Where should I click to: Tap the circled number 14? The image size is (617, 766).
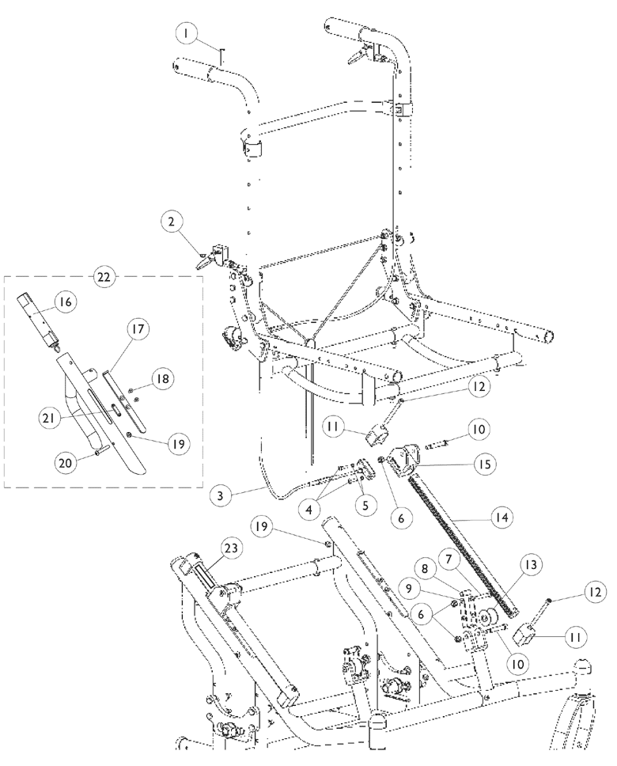point(500,518)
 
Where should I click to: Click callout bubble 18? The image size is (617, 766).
point(161,380)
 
